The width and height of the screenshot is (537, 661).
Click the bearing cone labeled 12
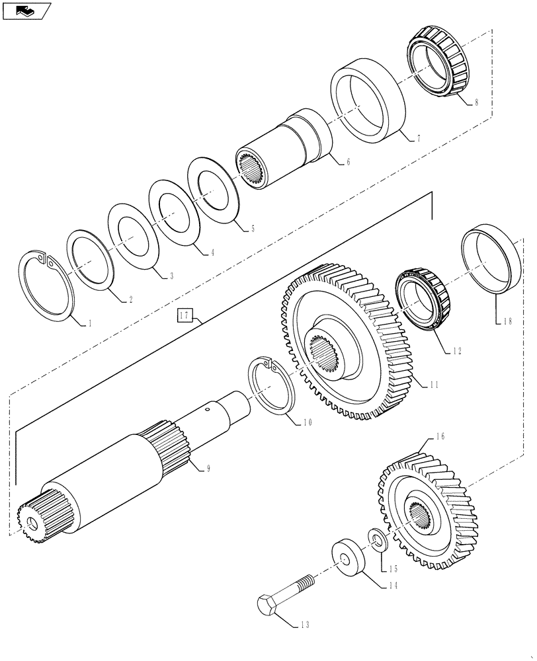(423, 297)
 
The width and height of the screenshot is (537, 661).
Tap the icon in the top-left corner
(26, 11)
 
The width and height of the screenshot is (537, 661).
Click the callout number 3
(171, 275)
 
